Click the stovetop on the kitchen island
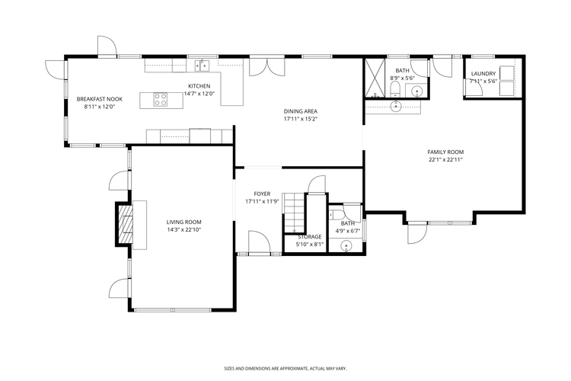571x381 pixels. [161, 98]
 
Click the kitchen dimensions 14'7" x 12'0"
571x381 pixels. [199, 94]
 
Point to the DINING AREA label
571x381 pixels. [300, 111]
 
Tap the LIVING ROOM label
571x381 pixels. [183, 222]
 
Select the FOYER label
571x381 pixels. [262, 194]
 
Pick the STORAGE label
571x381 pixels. [309, 237]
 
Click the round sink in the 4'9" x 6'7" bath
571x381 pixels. [346, 245]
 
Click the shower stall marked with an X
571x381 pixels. [375, 77]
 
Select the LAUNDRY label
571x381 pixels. [483, 74]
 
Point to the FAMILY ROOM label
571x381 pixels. [445, 152]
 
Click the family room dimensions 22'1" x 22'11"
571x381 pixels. [445, 159]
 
